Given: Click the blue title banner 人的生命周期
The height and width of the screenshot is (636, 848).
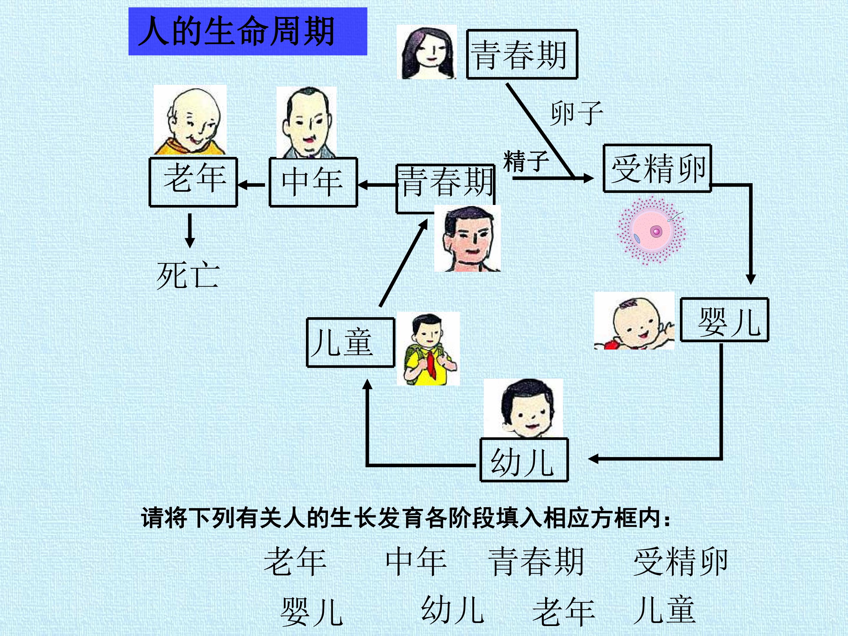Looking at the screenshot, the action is click(x=248, y=32).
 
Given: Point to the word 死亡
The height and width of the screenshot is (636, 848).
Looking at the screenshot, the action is click(x=188, y=275).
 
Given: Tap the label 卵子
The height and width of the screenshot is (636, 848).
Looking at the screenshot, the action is click(x=577, y=113).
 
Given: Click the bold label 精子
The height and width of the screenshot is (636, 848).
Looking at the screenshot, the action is click(x=526, y=161).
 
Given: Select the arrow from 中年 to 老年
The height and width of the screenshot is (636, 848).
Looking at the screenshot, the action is click(x=251, y=185).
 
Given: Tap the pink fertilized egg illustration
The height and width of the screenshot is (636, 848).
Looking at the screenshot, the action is click(x=651, y=231).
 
